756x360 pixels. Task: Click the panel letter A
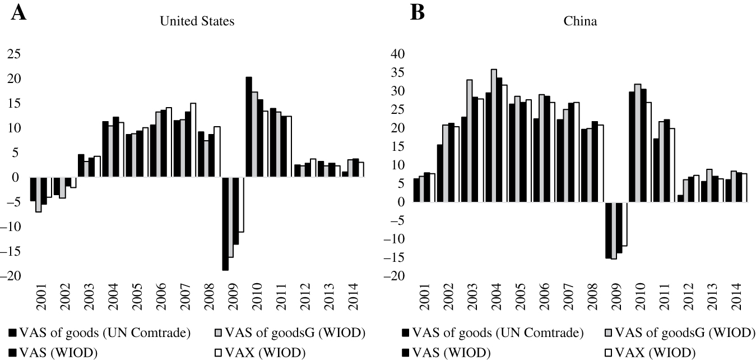[18, 12]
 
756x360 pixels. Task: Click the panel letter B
[418, 12]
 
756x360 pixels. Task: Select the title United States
[197, 22]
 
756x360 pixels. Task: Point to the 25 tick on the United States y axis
[13, 54]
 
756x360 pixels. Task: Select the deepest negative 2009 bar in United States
[225, 224]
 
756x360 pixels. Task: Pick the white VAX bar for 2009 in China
[624, 224]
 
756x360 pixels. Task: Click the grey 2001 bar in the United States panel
[38, 195]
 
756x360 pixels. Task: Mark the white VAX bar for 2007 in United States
[193, 140]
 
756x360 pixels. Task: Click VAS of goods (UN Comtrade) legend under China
[493, 333]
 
